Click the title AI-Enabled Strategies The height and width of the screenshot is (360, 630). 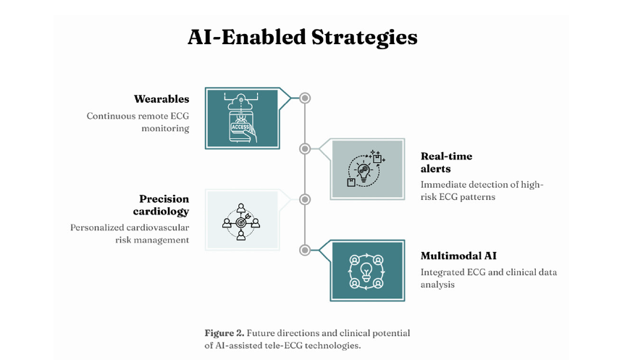click(x=302, y=37)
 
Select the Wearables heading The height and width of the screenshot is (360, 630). click(x=161, y=99)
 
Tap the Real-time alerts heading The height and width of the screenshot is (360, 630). click(x=446, y=162)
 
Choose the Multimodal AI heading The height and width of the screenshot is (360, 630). click(x=458, y=256)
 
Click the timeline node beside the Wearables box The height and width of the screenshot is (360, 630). click(x=305, y=98)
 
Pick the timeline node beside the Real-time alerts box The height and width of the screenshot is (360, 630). click(x=305, y=148)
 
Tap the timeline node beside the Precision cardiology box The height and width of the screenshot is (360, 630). click(x=305, y=199)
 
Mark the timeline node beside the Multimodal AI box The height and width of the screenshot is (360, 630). click(x=305, y=250)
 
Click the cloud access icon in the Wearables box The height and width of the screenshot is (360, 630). click(x=242, y=118)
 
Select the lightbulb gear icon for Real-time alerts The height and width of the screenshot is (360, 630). click(x=366, y=169)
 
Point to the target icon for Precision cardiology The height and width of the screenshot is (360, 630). click(x=241, y=220)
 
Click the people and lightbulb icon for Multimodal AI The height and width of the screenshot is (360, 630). click(x=366, y=270)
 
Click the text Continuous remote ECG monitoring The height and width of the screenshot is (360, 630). click(x=138, y=122)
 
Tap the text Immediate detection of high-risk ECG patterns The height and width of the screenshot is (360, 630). click(x=482, y=191)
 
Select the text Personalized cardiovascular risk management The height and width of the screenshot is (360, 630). click(x=130, y=233)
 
